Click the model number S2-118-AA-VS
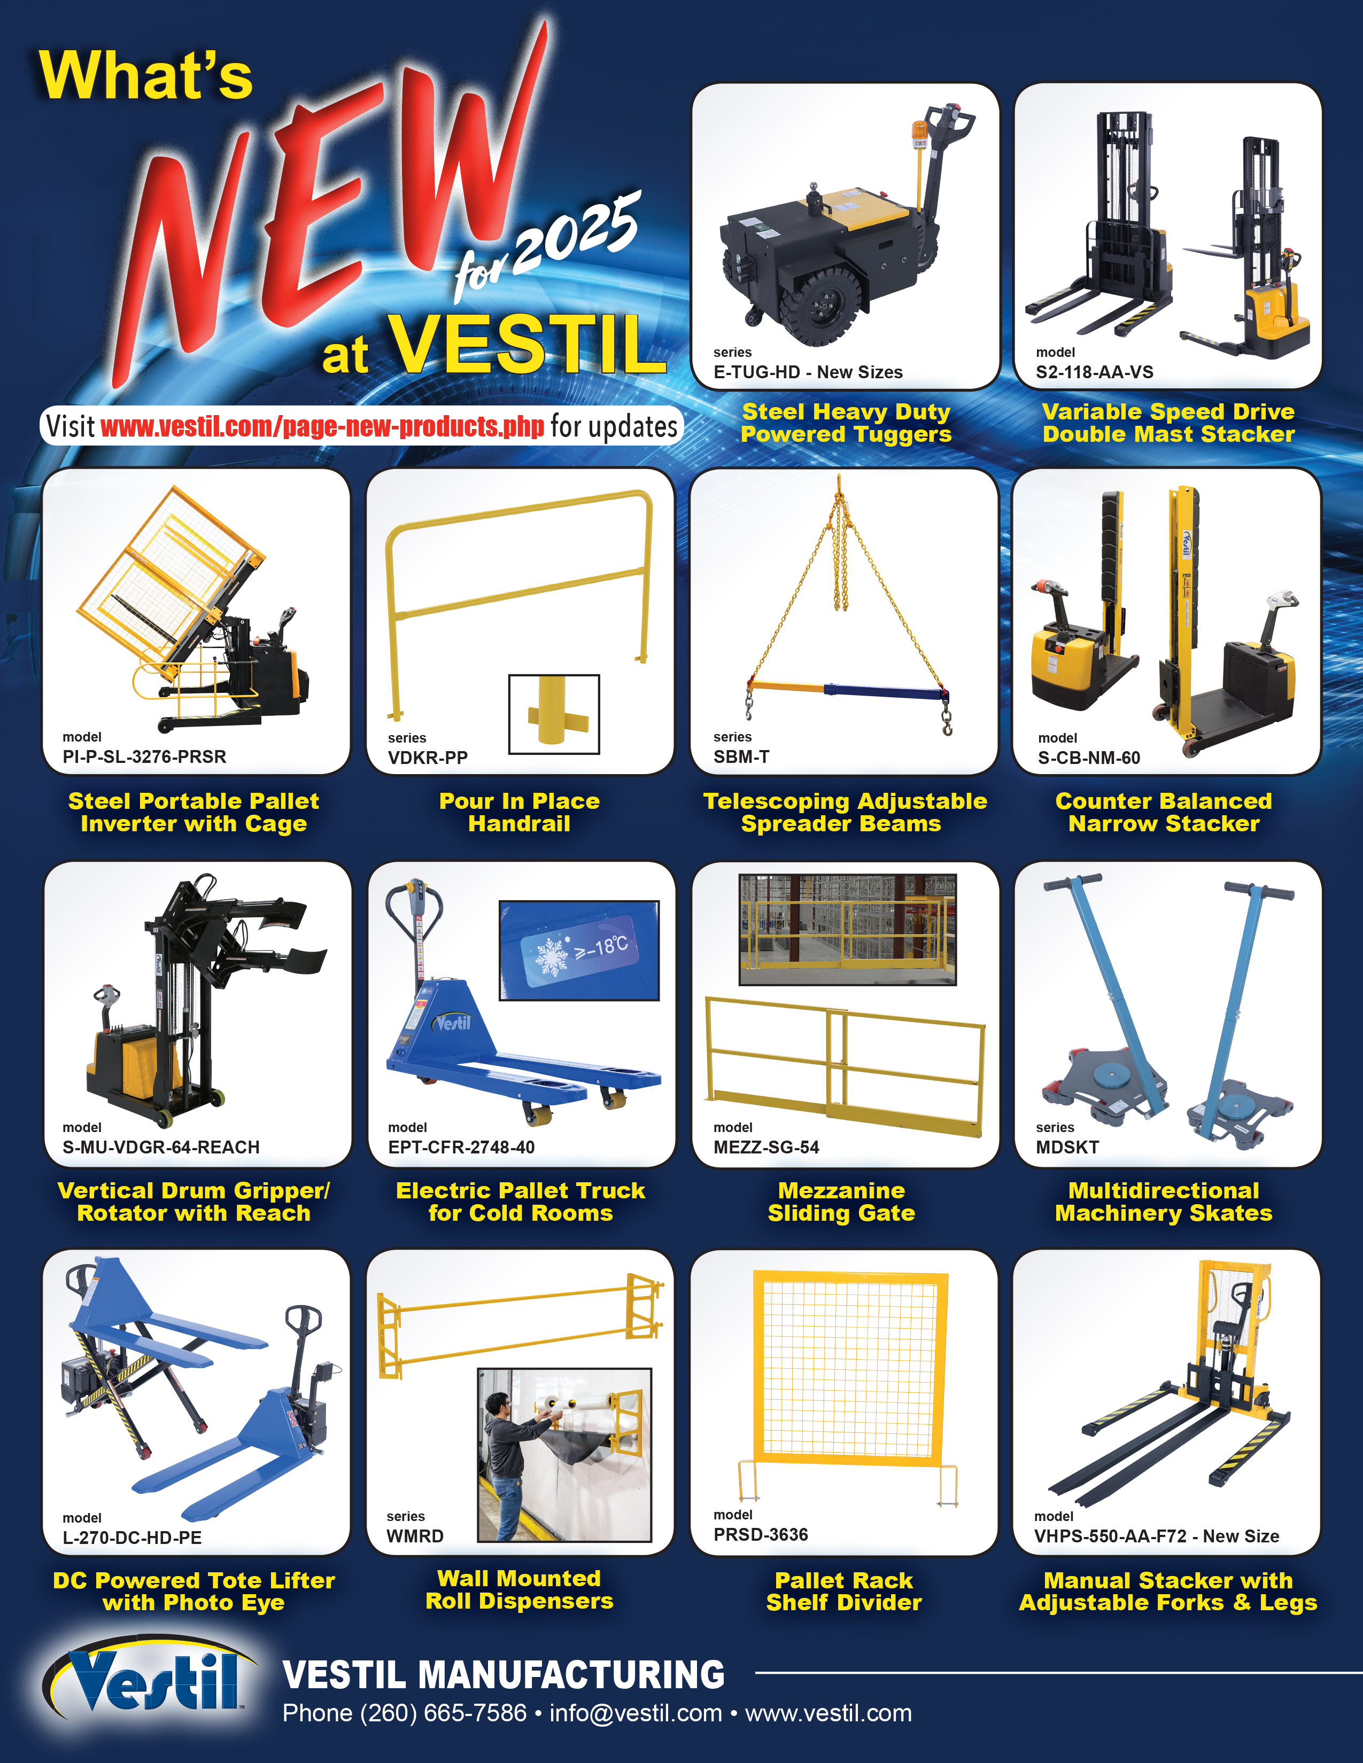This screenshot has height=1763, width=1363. [x=1094, y=372]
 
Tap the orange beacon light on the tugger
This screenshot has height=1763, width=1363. [x=920, y=133]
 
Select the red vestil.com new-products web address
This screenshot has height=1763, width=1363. [x=322, y=426]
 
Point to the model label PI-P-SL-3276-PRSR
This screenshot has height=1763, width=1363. [x=144, y=756]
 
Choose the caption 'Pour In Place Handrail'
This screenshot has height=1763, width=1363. [x=519, y=812]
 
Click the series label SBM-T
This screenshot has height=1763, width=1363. [x=741, y=756]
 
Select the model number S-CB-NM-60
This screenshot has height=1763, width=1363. [x=1089, y=757]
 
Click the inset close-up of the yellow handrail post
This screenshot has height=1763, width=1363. [x=554, y=714]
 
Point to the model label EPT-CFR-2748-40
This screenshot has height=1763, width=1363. [x=461, y=1147]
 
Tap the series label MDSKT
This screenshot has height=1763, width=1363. [x=1067, y=1147]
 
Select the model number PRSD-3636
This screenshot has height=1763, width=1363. [x=761, y=1534]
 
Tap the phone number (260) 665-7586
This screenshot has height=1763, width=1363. [x=443, y=1713]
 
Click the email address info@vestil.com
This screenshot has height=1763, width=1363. [x=636, y=1713]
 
